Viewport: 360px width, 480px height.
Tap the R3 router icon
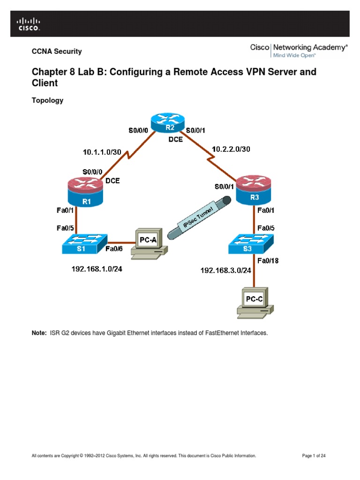[254, 190]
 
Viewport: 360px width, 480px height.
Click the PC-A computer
[149, 244]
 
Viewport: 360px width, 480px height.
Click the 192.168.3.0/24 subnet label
[226, 270]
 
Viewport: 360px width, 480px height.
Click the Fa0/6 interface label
[114, 249]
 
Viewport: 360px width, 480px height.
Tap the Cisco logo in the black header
[29, 24]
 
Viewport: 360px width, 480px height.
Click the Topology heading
[47, 100]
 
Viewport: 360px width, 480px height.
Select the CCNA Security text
[56, 52]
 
